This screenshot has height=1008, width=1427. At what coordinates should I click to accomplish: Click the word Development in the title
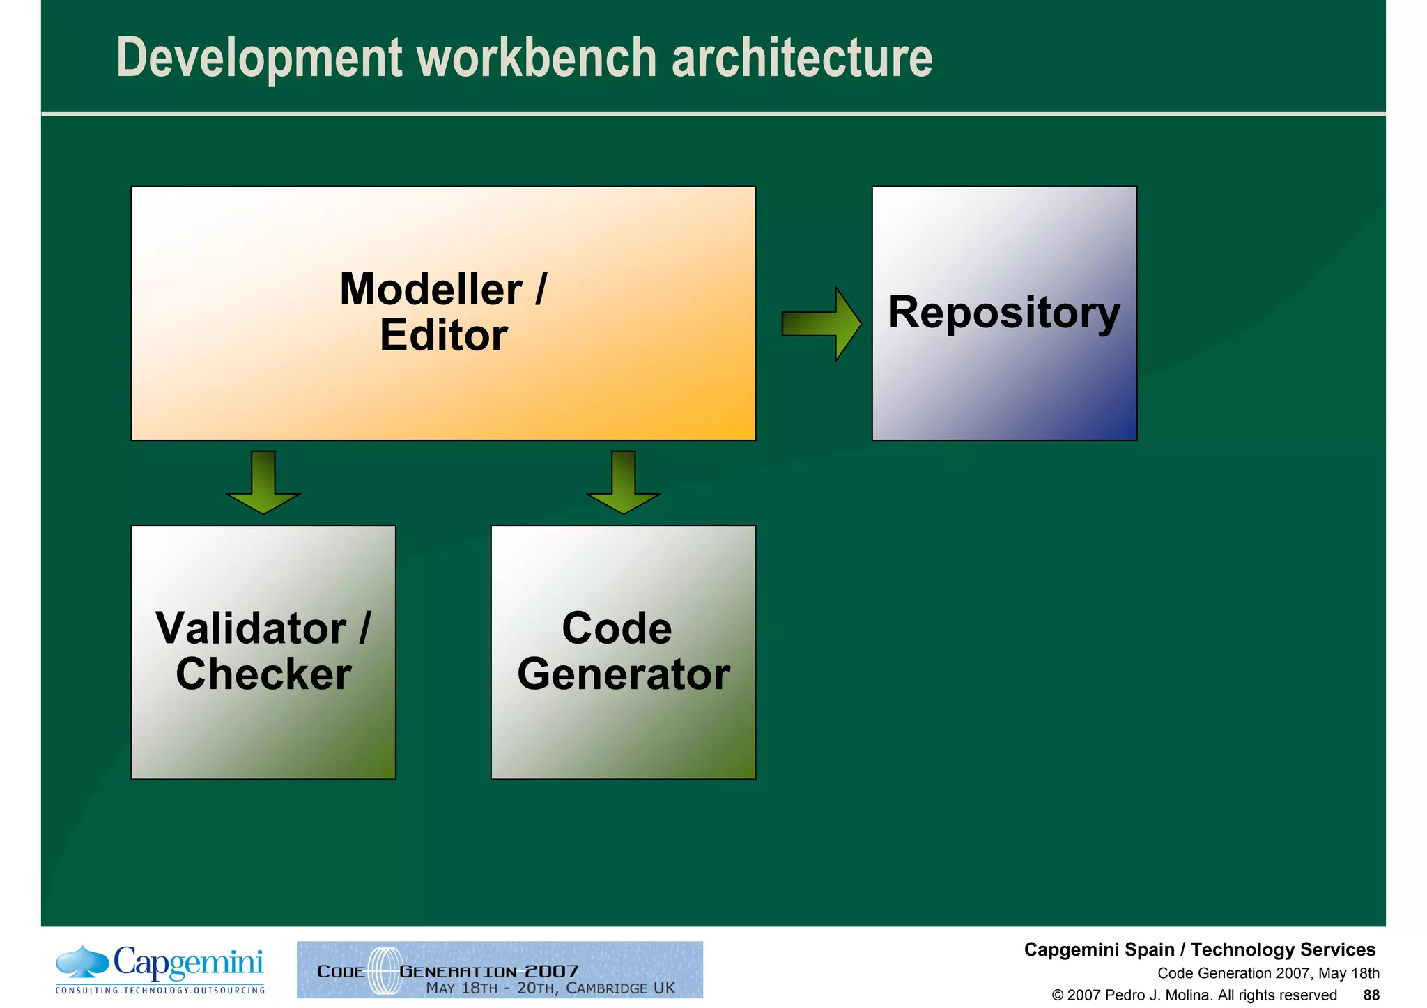(259, 59)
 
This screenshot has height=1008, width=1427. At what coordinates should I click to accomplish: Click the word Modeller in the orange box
(431, 289)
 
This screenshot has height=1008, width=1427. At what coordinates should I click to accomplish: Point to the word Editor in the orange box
(443, 335)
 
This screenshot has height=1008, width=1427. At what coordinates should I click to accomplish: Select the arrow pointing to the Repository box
(821, 324)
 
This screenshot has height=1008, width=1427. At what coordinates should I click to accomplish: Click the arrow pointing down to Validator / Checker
(263, 483)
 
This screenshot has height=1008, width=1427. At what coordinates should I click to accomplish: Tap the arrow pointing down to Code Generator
(623, 483)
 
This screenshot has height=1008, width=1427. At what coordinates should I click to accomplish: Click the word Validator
(251, 628)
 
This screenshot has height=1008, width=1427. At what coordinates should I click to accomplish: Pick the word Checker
(263, 674)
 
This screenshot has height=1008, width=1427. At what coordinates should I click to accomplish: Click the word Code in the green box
(617, 628)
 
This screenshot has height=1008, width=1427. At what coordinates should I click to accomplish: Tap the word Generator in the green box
(623, 674)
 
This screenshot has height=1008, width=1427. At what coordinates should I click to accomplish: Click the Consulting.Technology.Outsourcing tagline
(160, 990)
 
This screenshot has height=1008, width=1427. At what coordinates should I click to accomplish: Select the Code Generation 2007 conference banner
(500, 970)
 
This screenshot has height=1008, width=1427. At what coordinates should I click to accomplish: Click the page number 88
(1371, 995)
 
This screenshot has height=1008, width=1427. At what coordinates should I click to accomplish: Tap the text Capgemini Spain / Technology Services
(1199, 949)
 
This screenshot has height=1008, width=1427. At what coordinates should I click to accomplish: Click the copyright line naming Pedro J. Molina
(1194, 995)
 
